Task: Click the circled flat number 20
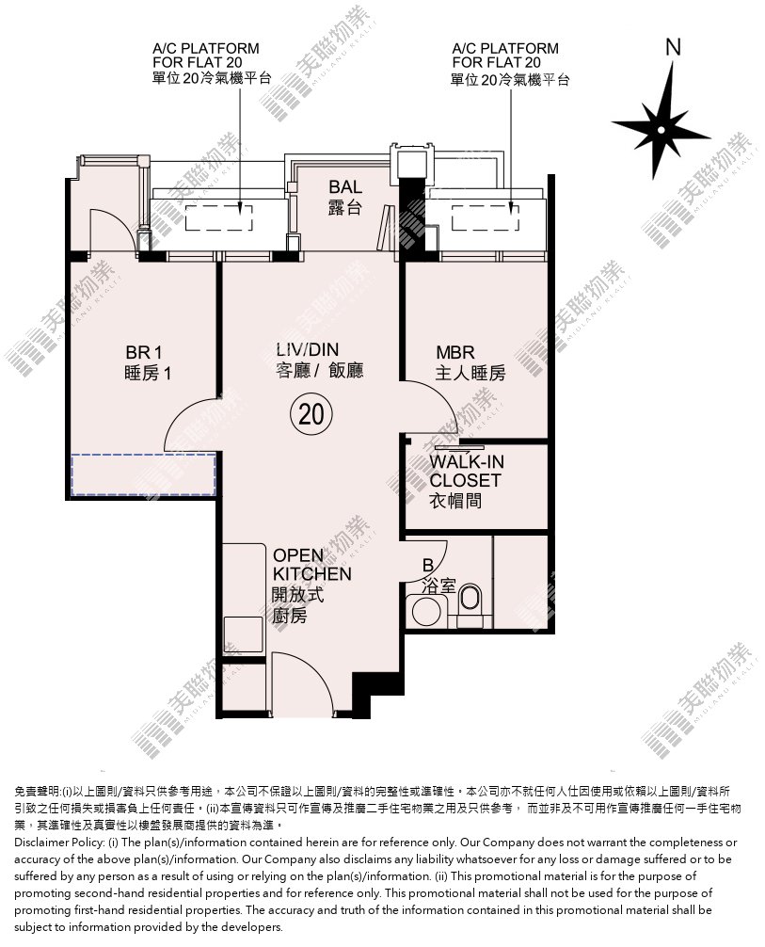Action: coord(311,414)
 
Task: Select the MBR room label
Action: coord(470,362)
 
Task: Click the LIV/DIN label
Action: coord(319,360)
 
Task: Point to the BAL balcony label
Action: coord(345,197)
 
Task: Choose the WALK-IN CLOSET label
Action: coord(466,481)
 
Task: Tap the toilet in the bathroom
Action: coord(470,604)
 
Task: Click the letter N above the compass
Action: coord(673,47)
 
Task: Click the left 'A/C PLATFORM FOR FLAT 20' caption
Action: coord(212,63)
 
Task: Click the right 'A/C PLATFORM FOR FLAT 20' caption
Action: coord(510,63)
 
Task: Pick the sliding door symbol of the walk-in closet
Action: coord(459,449)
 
